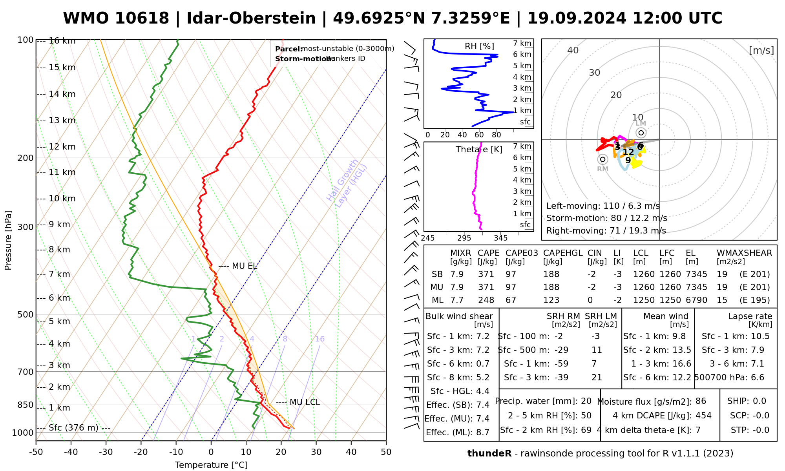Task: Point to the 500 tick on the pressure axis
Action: (x=26, y=314)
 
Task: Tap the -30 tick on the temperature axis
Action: (x=106, y=452)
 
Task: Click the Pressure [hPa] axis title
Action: (x=8, y=240)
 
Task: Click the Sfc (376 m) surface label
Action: (x=73, y=428)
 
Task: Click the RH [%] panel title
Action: (x=479, y=46)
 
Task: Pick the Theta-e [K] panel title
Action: (x=479, y=150)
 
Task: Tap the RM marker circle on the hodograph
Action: (x=603, y=159)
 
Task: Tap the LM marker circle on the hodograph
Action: (x=641, y=133)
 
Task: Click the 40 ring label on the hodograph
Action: (x=573, y=50)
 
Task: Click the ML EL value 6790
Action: (x=696, y=300)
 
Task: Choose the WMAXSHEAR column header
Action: (x=744, y=253)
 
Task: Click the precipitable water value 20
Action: (x=586, y=401)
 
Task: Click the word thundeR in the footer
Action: (x=489, y=454)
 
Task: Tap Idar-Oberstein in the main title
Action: (x=251, y=18)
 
